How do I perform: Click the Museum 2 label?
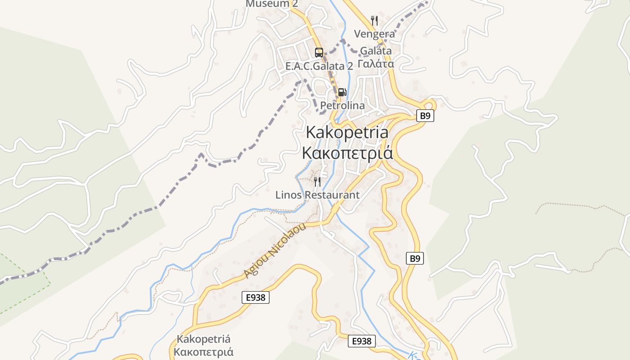272,4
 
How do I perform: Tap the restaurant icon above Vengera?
374,20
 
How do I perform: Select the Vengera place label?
374,34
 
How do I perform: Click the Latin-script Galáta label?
375,50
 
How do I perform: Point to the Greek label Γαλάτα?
376,63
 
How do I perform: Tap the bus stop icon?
319,52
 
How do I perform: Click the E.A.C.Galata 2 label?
319,66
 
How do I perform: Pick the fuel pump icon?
342,92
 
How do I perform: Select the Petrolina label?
342,105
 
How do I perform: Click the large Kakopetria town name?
347,132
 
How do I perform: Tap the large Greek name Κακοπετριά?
347,153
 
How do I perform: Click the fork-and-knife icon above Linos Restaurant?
317,182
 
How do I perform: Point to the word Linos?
288,195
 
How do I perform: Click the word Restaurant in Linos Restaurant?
332,195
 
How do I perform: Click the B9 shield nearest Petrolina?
425,116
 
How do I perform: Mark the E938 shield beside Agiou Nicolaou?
255,297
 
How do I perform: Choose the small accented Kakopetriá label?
204,339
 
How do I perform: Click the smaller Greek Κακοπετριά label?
204,351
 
